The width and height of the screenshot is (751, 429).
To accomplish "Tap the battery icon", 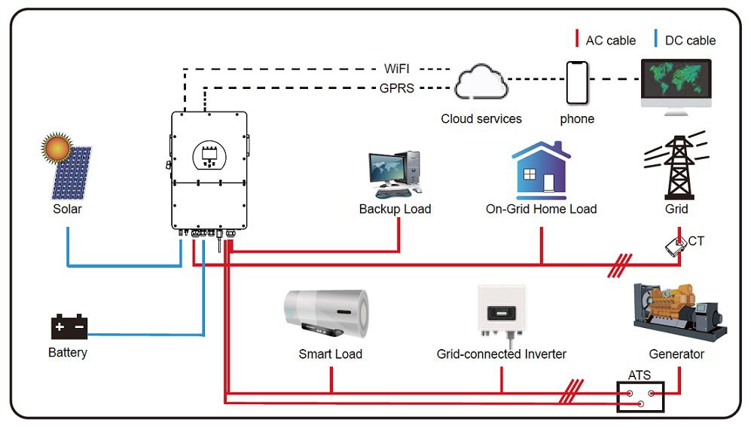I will (69, 327).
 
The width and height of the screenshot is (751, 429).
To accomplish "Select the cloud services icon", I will (480, 82).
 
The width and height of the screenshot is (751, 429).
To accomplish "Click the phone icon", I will (577, 82).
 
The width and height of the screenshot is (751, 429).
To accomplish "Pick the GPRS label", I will (396, 88).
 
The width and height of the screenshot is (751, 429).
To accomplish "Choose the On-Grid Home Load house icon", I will (541, 170).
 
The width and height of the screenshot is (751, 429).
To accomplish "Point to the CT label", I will (696, 241).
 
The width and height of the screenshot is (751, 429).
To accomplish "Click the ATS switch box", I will (641, 396).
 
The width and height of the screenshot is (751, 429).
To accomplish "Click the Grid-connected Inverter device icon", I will (501, 311).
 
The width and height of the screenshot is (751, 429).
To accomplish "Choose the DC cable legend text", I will (690, 41).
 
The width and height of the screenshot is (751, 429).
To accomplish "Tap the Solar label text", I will (67, 209).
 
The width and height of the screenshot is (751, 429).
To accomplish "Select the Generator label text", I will (676, 354).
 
